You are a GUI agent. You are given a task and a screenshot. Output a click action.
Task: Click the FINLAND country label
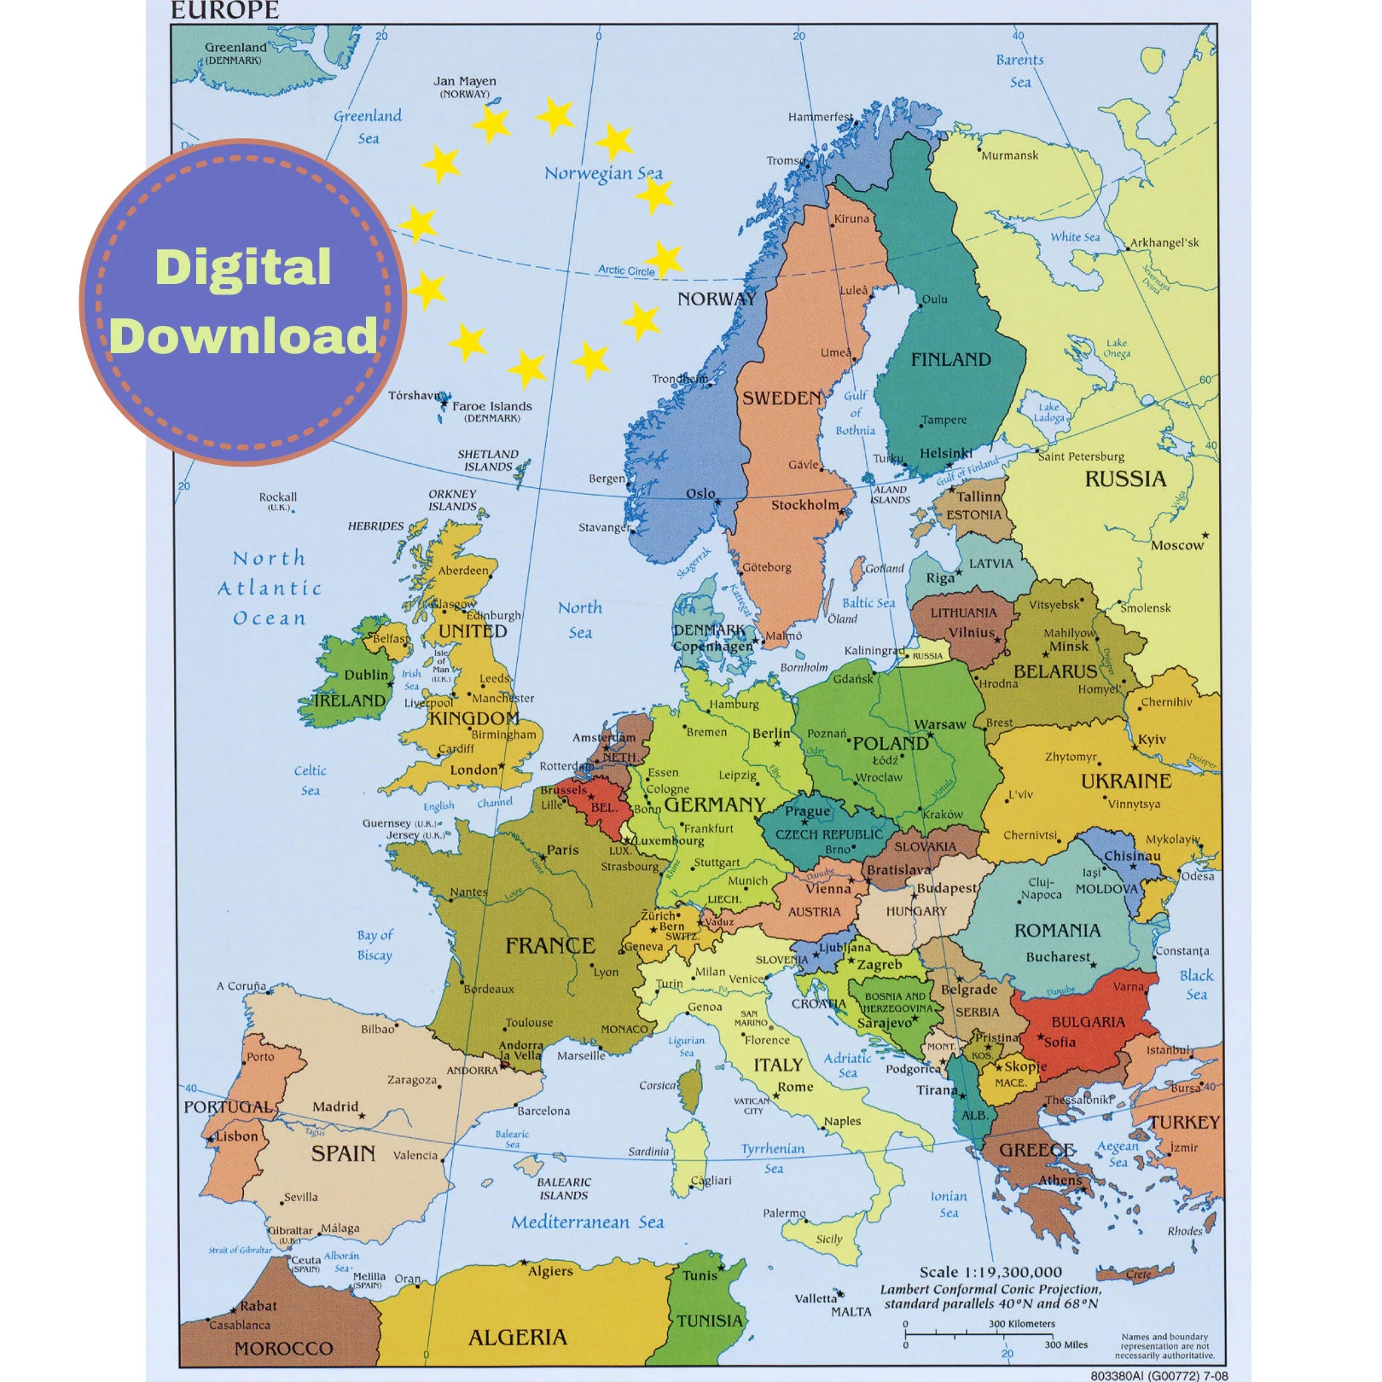point(950,360)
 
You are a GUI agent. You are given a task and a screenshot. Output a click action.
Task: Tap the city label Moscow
point(1176,545)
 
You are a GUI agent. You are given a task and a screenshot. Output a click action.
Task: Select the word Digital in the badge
point(243,268)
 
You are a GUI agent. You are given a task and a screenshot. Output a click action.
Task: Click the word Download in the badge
point(243,335)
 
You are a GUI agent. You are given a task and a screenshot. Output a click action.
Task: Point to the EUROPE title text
point(225,11)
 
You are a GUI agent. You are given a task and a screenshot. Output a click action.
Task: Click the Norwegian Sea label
point(603,174)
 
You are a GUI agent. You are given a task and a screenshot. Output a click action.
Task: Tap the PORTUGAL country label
point(228,1107)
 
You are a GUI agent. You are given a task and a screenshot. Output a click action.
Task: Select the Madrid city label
point(335,1107)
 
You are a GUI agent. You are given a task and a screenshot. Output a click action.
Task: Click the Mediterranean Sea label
point(587,1222)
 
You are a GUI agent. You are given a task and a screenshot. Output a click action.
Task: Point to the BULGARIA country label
point(1088,1022)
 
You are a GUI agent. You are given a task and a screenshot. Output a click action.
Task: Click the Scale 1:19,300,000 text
point(990,1272)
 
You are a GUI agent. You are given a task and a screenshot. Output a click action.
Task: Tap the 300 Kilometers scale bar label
point(1021,1324)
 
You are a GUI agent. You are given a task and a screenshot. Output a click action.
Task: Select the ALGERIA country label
point(518,1337)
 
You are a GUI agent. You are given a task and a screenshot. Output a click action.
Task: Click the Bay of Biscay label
point(375,945)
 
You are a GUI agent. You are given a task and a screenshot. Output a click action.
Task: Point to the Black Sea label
point(1196,984)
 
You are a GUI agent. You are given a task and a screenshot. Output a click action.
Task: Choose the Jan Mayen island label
point(465,82)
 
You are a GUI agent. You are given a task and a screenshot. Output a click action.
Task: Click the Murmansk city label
point(1010,155)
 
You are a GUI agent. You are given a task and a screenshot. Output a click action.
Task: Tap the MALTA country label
point(851,1312)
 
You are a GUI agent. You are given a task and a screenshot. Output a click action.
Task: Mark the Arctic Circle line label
point(626,270)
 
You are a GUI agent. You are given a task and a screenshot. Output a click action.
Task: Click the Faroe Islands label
point(492,407)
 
